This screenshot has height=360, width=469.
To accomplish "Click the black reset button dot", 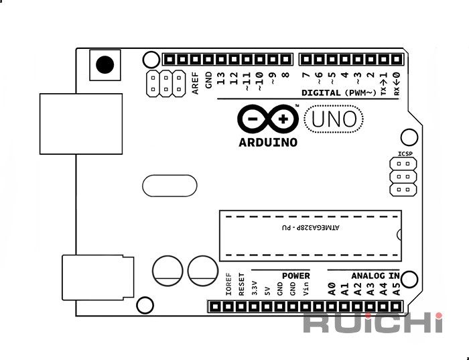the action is (105, 64).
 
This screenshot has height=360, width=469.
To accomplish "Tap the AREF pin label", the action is (195, 83).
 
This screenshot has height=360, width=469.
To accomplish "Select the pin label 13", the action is (220, 78).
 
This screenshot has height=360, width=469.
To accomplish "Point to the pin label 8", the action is (285, 74).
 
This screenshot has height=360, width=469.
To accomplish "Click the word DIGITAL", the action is (321, 93).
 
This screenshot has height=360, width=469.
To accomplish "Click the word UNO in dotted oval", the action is (334, 119).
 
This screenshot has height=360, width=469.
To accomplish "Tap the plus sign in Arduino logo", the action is (283, 119).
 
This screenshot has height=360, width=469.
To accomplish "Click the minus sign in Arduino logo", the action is (253, 119).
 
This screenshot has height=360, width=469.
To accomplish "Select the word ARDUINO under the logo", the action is (268, 142).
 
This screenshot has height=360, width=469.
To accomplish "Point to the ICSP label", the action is (405, 154).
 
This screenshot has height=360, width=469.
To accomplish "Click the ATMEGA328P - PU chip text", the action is (310, 228).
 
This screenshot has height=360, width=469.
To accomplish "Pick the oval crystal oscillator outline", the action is (170, 176).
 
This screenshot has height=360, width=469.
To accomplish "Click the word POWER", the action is (296, 276).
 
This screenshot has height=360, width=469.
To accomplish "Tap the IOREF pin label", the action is (228, 284).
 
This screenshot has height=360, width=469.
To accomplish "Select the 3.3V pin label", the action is (254, 288).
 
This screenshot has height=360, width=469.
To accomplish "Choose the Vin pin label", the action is (306, 289).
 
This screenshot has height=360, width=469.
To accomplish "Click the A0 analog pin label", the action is (332, 289).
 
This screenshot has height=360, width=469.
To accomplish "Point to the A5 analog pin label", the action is (396, 289).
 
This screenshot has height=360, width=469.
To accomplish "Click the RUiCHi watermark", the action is (373, 322).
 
